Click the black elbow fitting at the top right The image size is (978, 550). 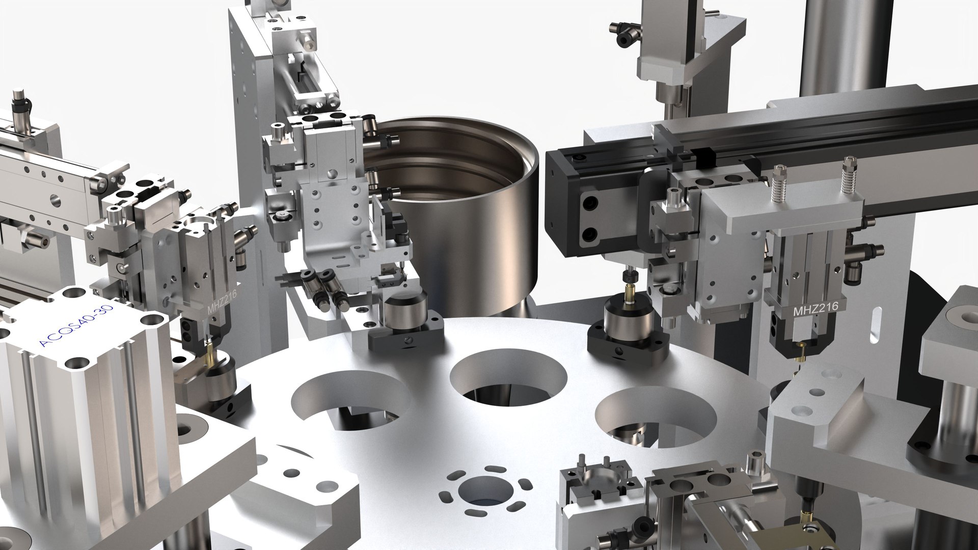[622, 32]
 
